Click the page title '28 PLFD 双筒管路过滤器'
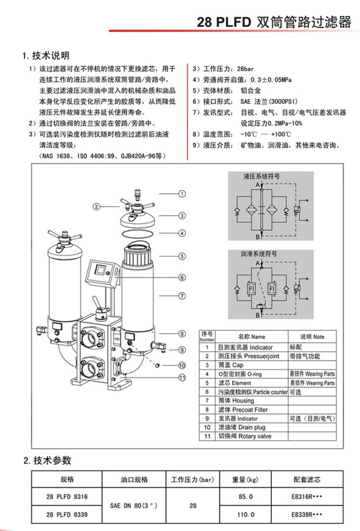pos(274,22)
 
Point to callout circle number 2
pos(96,207)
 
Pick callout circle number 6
pos(182,277)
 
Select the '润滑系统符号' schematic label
pos(259,254)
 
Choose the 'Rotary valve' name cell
pos(245,436)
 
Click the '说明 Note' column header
pos(312,337)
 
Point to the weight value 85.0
pos(245,496)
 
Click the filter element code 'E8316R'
pos(306,496)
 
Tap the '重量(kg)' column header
pos(245,479)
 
